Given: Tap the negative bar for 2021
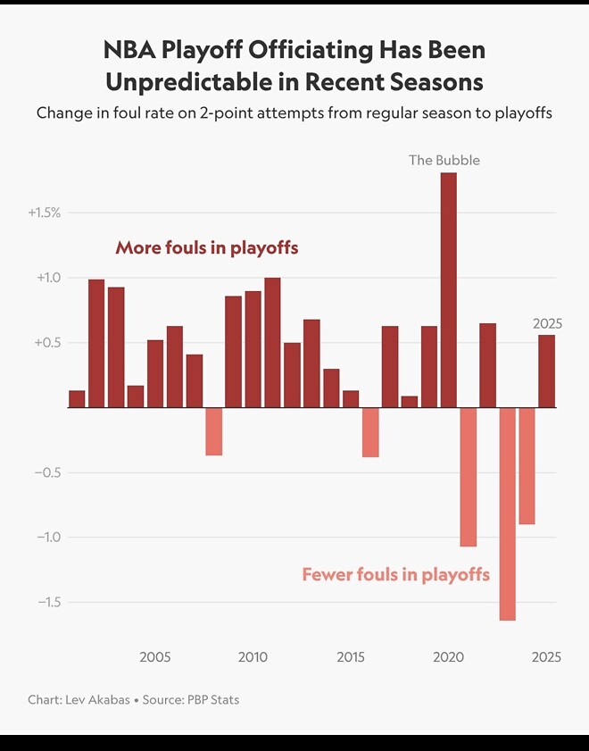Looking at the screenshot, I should tap(469, 477).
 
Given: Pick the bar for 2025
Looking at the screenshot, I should tap(546, 371).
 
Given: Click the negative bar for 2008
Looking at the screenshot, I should tap(213, 431).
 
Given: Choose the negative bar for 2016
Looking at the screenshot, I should tap(370, 432).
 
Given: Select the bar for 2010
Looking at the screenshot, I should tap(253, 349).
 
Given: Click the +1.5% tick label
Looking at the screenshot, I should tap(44, 213).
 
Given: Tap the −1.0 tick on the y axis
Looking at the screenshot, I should tap(48, 537).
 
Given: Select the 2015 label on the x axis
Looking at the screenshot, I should tap(351, 657).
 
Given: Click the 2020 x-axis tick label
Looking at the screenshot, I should tap(448, 657).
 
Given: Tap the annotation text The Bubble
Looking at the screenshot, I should tap(444, 160).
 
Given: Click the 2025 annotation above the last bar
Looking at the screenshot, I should tap(547, 323).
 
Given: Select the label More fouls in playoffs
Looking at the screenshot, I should tap(207, 247).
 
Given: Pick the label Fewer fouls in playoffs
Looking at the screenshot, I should tap(395, 574).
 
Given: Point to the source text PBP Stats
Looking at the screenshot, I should tap(212, 699).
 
